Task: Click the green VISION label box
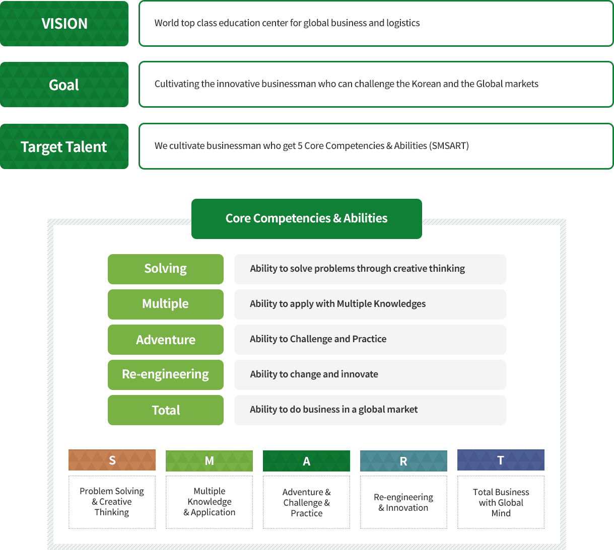click(64, 23)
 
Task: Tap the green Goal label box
click(64, 85)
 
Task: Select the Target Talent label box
click(64, 146)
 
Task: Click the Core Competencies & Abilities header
click(306, 218)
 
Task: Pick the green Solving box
click(165, 269)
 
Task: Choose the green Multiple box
click(165, 304)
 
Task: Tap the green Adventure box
click(165, 340)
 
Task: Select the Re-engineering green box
click(165, 374)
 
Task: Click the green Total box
click(165, 410)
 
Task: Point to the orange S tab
click(112, 460)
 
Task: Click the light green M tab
click(209, 461)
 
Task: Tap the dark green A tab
click(306, 461)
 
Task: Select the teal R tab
click(403, 461)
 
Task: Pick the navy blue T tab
click(501, 460)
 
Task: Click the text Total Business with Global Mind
click(501, 502)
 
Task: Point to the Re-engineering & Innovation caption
click(403, 502)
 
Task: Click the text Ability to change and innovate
click(314, 374)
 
